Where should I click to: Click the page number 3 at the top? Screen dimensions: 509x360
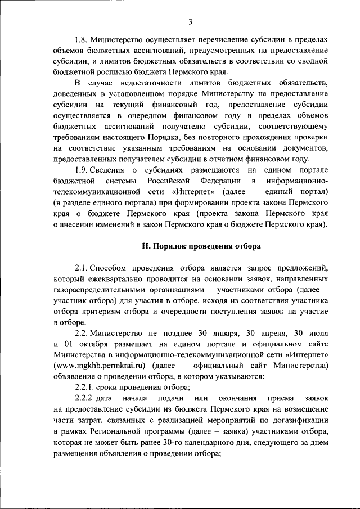click(x=191, y=22)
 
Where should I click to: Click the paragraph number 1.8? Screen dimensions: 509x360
click(x=83, y=40)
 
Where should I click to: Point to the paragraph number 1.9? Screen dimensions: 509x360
click(x=83, y=169)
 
